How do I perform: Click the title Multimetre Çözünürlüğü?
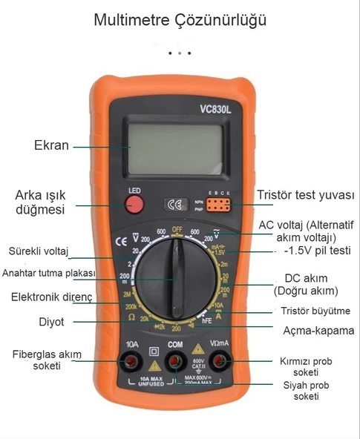tap(180, 20)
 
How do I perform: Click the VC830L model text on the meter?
tap(215, 110)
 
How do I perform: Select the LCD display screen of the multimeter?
tap(176, 146)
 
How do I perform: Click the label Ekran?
tap(51, 145)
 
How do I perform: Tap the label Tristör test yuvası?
tap(305, 196)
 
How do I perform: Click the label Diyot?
tap(52, 322)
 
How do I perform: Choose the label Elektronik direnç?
tap(51, 297)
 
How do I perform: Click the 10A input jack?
tap(133, 362)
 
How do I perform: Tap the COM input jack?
tap(176, 362)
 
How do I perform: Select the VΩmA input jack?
tap(220, 362)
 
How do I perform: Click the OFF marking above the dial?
tap(177, 229)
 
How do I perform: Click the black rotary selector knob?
tap(176, 279)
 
